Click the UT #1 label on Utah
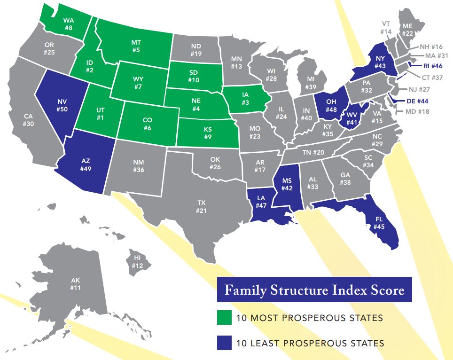tap(101, 113)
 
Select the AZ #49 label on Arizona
tap(86, 164)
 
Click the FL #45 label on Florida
tap(380, 223)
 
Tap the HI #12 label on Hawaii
tap(137, 262)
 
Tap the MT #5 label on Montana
tap(136, 46)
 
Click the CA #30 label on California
tap(28, 120)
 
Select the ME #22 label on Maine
tap(407, 30)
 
